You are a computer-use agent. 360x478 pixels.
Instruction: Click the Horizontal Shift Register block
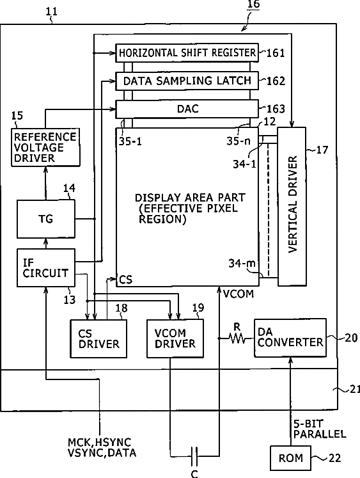click(x=187, y=52)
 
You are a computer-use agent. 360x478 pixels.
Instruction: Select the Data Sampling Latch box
click(x=187, y=81)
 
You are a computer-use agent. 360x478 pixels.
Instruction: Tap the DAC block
click(x=187, y=109)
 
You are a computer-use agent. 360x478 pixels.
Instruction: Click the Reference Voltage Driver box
click(x=45, y=148)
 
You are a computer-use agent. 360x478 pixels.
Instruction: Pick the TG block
click(x=45, y=219)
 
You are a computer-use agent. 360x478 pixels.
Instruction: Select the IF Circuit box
click(x=45, y=268)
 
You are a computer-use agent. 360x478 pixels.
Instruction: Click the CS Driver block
click(x=98, y=339)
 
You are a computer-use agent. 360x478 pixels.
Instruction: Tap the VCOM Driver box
click(x=175, y=339)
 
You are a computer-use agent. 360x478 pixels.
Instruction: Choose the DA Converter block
click(x=290, y=338)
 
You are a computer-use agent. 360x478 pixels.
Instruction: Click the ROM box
click(x=290, y=458)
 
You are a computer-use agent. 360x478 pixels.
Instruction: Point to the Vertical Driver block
click(x=292, y=207)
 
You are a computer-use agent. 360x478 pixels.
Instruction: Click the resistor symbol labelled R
click(x=237, y=338)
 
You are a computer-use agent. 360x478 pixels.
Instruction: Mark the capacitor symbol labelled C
click(x=194, y=456)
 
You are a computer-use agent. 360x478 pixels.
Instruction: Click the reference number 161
click(x=276, y=53)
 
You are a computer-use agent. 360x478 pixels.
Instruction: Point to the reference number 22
click(x=334, y=458)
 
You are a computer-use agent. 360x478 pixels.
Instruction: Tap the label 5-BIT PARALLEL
click(x=320, y=429)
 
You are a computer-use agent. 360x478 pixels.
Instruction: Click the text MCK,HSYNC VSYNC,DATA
click(x=102, y=447)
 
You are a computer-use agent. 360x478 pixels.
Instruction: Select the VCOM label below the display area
click(x=238, y=294)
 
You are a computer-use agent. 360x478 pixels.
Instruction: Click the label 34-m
click(x=242, y=263)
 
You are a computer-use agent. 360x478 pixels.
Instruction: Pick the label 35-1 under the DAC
click(x=130, y=141)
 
